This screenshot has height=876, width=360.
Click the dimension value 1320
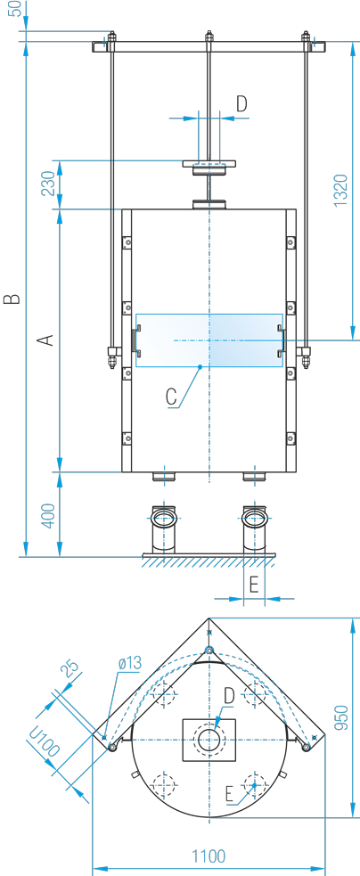point(340,191)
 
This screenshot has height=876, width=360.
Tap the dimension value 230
point(49,184)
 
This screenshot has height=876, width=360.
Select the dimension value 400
point(49,516)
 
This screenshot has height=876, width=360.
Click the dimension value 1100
point(209,856)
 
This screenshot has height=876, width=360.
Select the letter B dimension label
point(12,299)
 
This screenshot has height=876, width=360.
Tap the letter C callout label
point(171,396)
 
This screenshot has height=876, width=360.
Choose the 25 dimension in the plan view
point(71,668)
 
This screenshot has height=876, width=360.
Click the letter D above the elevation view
point(241,104)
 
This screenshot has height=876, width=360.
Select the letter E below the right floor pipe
point(253,585)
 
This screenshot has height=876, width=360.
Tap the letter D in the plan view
point(229,696)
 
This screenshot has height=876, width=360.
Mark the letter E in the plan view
point(230,794)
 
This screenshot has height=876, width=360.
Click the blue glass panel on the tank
point(209,340)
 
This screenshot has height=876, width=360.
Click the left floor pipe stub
point(164,529)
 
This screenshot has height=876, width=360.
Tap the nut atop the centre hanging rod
point(209,37)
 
